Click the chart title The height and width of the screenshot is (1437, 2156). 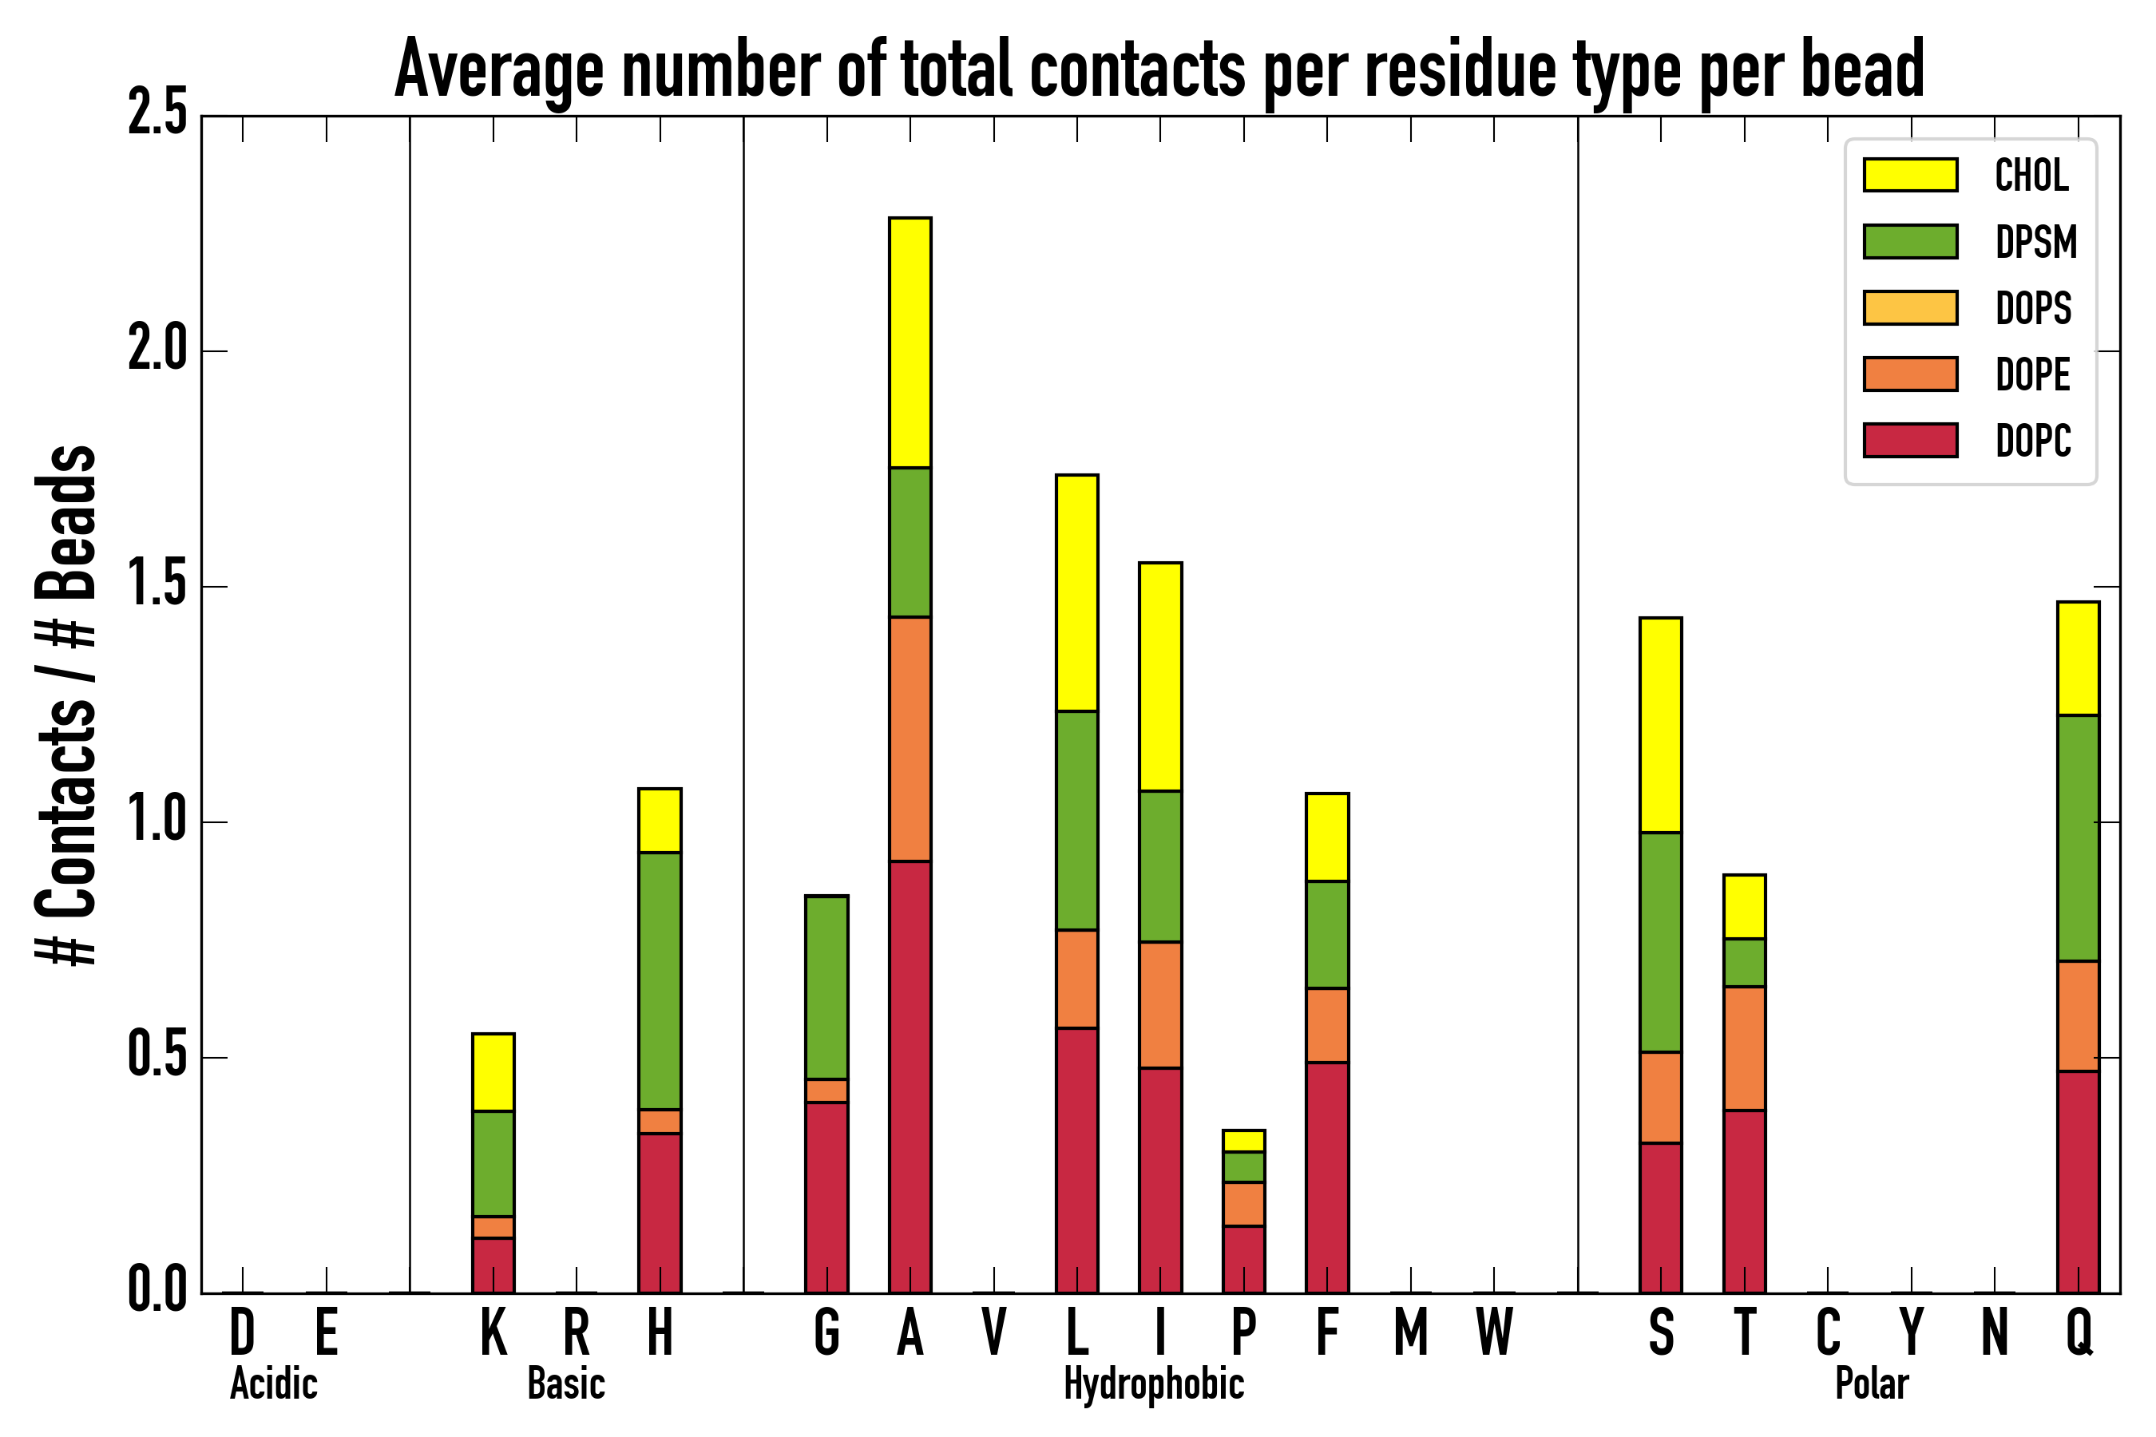1159,69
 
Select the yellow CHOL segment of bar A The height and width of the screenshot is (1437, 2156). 910,342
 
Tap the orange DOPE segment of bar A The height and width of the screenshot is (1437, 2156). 910,738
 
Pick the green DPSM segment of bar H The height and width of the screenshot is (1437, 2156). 660,980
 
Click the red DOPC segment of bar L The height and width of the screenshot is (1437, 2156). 1077,1160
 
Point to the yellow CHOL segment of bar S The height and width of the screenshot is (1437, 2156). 1661,725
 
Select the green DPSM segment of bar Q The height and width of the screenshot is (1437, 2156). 2078,837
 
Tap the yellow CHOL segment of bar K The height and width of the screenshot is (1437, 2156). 493,1072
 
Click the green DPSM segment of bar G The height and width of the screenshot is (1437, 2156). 826,987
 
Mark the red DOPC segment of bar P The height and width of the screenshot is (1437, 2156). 1244,1259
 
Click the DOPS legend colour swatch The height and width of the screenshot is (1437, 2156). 1910,307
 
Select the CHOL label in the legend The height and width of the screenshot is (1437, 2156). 2031,175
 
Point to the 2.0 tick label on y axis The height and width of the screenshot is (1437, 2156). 157,350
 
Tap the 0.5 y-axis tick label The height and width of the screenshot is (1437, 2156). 157,1057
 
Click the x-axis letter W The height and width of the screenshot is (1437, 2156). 1494,1332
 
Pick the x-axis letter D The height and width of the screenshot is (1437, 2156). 242,1332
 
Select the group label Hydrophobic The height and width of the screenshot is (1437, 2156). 1153,1384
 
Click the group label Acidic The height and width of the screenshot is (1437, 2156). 273,1384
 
